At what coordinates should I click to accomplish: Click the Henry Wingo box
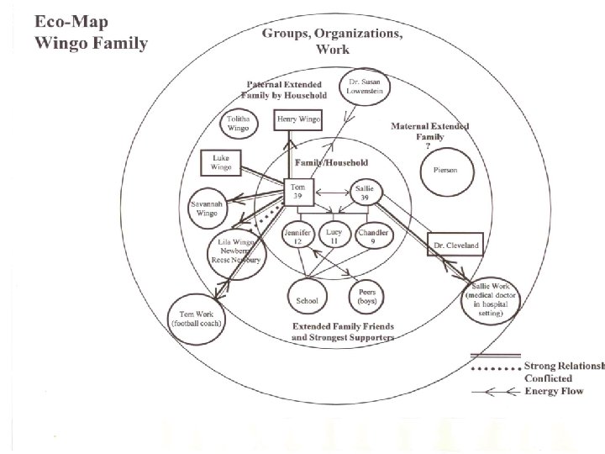(x=300, y=121)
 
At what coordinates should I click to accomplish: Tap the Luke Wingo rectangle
(x=221, y=162)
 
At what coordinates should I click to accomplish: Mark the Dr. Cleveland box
(x=455, y=245)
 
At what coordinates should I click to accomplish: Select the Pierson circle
(x=447, y=170)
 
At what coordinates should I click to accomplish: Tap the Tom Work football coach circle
(x=197, y=318)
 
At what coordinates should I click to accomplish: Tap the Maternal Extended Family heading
(x=430, y=131)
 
